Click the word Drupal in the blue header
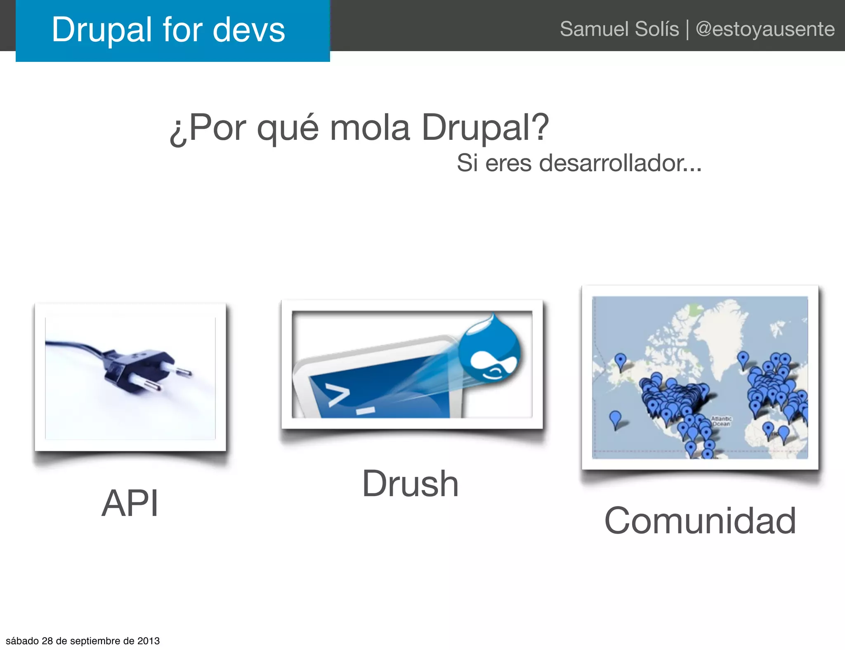tap(101, 30)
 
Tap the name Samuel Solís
tap(619, 29)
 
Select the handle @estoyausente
tap(765, 29)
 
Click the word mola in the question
tap(370, 127)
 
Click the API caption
tap(130, 503)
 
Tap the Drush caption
tap(411, 484)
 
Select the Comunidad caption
tap(700, 521)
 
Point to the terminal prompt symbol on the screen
tap(338, 395)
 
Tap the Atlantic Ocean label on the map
tap(721, 421)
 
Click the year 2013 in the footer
tap(149, 641)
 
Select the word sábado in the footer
tap(22, 641)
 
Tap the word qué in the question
tap(287, 128)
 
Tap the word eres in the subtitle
tap(508, 163)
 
